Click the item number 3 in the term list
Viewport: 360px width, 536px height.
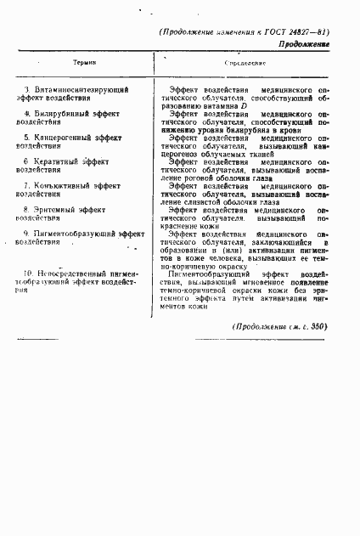point(28,89)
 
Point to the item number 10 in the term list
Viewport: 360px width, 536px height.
point(30,272)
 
